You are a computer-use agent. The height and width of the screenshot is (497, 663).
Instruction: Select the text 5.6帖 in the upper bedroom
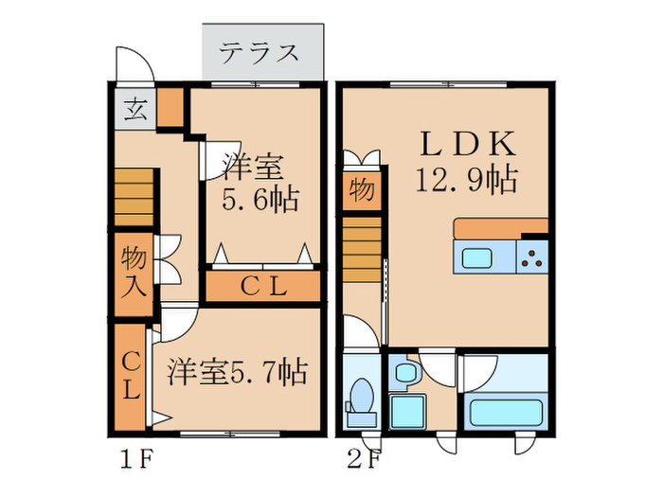point(260,200)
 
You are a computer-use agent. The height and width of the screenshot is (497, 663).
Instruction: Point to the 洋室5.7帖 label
point(237,372)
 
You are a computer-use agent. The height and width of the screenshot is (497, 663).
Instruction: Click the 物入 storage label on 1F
point(134,272)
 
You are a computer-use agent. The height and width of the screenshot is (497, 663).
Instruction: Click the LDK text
point(467,144)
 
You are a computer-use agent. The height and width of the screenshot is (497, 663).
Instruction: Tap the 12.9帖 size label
point(466,180)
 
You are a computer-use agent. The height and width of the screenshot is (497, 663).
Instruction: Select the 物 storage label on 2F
point(362,189)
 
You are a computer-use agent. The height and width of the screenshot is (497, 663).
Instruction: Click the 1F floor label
point(135,462)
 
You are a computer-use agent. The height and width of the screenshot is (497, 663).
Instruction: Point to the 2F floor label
point(364,462)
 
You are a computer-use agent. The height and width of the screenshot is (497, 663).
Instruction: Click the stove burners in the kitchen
point(532,257)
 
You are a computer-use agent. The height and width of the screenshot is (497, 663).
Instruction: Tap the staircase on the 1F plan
point(134,200)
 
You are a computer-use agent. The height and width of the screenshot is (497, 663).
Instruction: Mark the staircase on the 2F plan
point(361,248)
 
